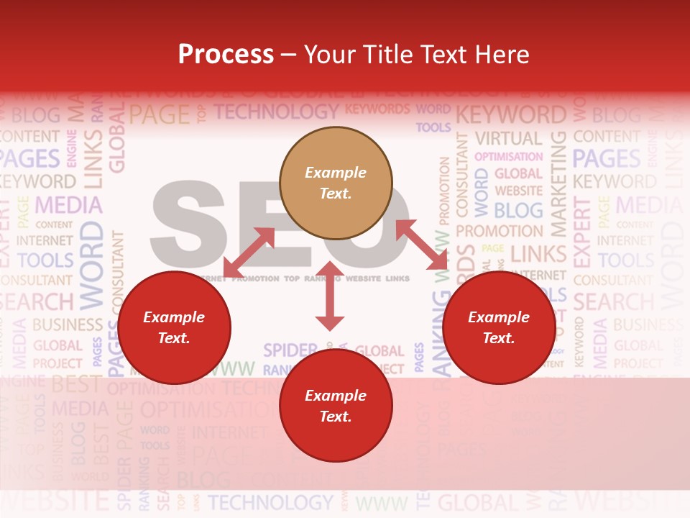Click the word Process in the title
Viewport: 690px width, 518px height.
(226, 55)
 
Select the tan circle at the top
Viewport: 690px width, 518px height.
(336, 183)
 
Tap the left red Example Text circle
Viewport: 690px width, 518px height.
(174, 327)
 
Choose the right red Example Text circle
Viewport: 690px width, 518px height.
(499, 327)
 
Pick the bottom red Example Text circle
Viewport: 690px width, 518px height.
(336, 406)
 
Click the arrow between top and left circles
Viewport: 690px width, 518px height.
(249, 253)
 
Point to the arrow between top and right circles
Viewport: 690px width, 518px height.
(422, 245)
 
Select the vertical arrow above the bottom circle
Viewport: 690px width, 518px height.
(329, 296)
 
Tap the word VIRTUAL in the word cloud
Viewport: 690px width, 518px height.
(508, 138)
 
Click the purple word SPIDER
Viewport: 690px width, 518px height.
(290, 350)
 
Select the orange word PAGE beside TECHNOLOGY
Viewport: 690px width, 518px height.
(159, 114)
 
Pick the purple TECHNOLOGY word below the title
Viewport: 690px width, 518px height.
(276, 112)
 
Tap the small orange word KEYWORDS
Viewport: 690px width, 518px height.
(377, 109)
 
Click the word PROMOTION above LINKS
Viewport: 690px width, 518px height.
(499, 232)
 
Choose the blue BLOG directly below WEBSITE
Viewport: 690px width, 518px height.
(518, 210)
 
